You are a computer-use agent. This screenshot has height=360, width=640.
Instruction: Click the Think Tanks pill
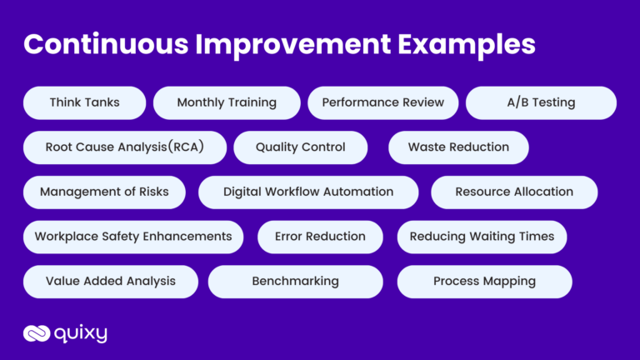pos(84,102)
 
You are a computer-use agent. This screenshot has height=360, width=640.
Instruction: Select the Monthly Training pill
pos(227,102)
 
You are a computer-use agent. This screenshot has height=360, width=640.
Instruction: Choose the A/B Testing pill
pos(541,102)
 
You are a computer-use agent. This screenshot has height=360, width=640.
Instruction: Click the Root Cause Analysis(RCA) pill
pos(124,147)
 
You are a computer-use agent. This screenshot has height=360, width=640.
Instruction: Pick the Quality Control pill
pos(300,147)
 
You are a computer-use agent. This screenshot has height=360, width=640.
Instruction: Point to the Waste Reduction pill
pos(458,147)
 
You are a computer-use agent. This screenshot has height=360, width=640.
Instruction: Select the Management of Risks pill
pos(104,192)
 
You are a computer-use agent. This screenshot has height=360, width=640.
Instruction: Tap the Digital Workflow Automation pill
pos(308,192)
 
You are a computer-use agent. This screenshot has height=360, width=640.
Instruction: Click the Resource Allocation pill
pos(514,192)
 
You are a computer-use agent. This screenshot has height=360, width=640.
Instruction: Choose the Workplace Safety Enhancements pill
pos(133,237)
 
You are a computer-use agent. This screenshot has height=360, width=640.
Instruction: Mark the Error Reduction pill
pos(320,237)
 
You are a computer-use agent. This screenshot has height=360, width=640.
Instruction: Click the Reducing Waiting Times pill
pos(482,237)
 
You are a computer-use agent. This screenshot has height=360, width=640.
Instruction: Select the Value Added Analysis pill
pos(111,282)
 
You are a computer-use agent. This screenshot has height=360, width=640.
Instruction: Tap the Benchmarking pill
pos(295,282)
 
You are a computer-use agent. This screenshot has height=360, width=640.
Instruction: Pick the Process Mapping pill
pos(484,282)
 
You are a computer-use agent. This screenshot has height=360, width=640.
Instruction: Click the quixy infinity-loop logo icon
pos(36,334)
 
